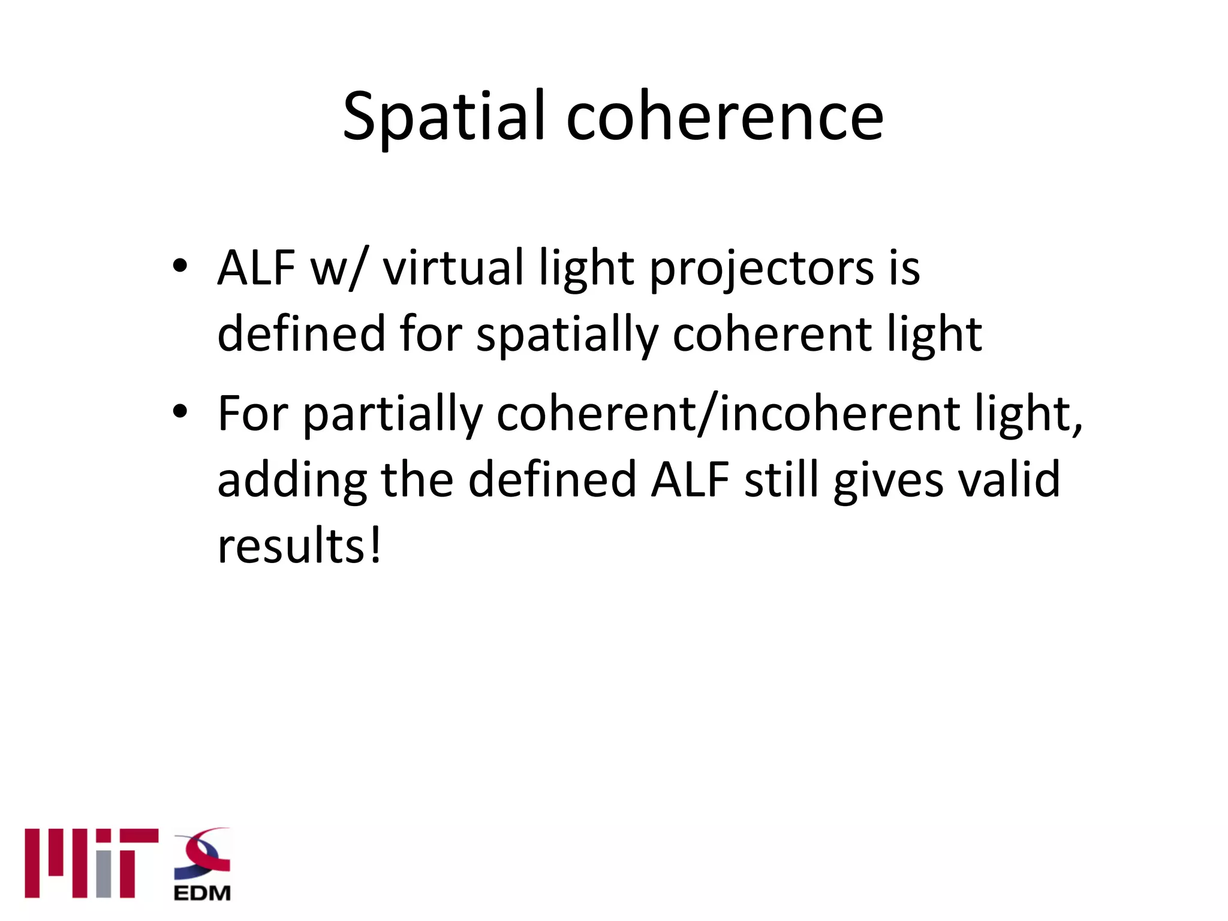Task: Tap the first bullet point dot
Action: point(180,265)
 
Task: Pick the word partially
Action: point(393,415)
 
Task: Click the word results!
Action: point(299,546)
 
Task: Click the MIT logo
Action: point(91,863)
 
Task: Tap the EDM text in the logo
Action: point(202,893)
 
